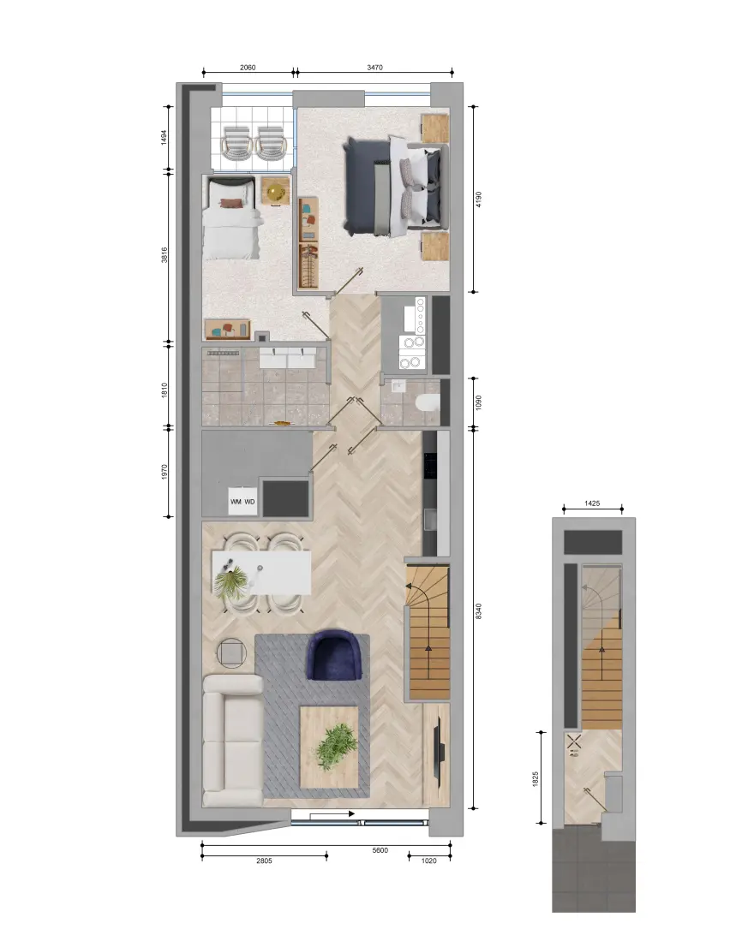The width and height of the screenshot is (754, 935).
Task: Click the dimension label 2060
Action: [x=248, y=68]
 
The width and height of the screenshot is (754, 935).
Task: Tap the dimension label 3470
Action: [x=374, y=68]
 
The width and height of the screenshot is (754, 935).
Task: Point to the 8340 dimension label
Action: [x=478, y=610]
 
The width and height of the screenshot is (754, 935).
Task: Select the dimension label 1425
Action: [x=592, y=503]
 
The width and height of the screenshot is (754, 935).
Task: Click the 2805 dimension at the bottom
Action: [x=264, y=861]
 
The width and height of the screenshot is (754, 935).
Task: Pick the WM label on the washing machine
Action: [x=236, y=502]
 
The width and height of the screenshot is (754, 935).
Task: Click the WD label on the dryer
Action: [x=250, y=502]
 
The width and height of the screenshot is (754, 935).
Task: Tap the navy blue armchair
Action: [x=335, y=655]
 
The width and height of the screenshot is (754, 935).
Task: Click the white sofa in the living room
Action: [x=233, y=741]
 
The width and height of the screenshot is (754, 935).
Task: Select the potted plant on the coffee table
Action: [x=336, y=746]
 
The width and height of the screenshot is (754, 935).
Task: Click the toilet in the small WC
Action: [x=427, y=403]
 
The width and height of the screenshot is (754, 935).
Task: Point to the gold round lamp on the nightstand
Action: [x=276, y=193]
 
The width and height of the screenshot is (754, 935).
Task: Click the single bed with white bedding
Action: [x=231, y=218]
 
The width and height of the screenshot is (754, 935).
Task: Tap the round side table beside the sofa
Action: [x=231, y=653]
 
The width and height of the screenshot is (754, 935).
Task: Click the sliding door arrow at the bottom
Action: [x=332, y=813]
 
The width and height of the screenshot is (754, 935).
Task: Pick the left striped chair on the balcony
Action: [x=236, y=142]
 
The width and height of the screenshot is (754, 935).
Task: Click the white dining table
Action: [x=262, y=573]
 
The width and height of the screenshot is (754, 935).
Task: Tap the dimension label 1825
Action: [x=535, y=779]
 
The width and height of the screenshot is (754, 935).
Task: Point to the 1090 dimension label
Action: [x=478, y=402]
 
